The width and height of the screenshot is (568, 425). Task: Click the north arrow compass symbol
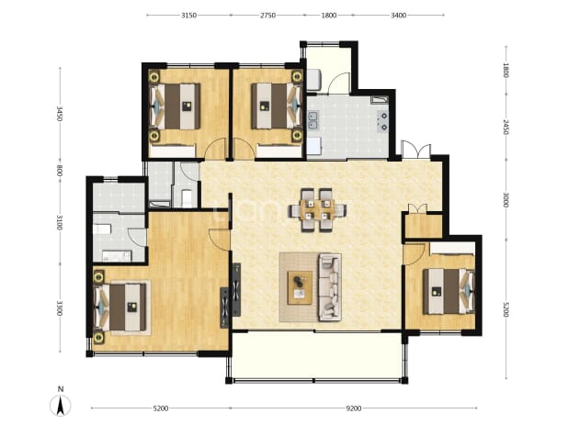tap(60, 406)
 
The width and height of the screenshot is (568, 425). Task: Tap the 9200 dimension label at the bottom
tap(354, 408)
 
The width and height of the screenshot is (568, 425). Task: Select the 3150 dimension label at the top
tap(188, 16)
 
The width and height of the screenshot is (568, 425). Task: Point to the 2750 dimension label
tap(267, 16)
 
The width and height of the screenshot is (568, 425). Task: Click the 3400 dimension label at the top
tap(399, 16)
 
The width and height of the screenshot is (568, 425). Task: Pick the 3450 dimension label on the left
tap(60, 114)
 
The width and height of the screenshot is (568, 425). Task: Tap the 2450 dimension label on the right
tap(506, 127)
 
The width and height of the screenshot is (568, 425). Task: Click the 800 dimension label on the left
tap(60, 171)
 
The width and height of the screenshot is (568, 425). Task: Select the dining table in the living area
tap(317, 210)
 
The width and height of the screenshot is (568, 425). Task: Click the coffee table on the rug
tap(300, 288)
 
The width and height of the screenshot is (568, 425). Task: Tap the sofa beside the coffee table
tap(330, 287)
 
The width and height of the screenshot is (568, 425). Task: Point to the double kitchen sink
tap(312, 121)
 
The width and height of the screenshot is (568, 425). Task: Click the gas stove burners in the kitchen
tap(382, 121)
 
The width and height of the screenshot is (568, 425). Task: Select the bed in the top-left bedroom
tap(176, 106)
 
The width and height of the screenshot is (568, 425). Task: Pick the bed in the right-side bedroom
tap(449, 291)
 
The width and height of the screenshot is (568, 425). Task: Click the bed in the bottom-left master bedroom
tap(120, 308)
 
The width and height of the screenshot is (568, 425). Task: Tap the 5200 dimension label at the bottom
tap(161, 408)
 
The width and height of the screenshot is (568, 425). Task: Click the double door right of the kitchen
tap(415, 150)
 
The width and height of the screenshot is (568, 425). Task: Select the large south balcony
tap(317, 355)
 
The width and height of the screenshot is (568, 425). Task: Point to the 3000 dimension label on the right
tap(506, 200)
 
